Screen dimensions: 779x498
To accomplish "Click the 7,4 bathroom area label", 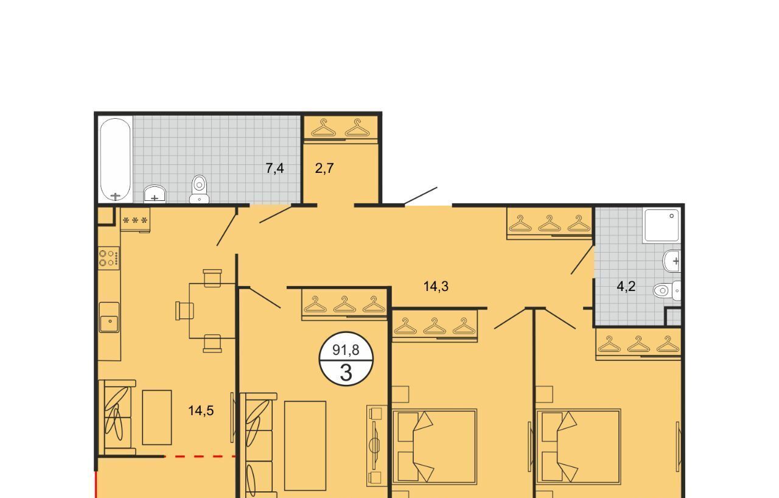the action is coord(274,169).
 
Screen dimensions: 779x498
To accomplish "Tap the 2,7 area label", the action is coord(324,169).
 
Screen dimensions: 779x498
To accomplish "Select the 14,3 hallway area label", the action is coord(436,287).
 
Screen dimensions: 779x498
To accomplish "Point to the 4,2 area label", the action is coord(626,287).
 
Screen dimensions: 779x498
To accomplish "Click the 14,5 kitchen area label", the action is coord(201,411).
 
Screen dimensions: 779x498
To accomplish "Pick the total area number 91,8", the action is coord(346,350).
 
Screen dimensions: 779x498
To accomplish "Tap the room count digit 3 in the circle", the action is coord(346,373).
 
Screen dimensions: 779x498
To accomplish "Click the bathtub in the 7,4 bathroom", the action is coord(116,160).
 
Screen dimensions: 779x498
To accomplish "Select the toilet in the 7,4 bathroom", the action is coord(199,189).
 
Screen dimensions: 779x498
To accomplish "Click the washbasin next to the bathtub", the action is coord(155,194).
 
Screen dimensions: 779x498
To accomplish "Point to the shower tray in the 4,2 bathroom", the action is coord(661,225).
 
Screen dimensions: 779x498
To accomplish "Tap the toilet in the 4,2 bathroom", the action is coord(666,290).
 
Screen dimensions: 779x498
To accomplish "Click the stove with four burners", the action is coord(109,258).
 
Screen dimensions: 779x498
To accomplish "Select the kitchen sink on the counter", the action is coord(109,318).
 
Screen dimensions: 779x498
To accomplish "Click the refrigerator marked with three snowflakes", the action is coord(135,220).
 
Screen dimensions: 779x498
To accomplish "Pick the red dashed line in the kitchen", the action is coord(200,456).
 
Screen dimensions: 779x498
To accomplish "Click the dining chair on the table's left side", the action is coord(184,310).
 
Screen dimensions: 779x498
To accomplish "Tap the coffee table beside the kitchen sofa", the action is coord(157,417).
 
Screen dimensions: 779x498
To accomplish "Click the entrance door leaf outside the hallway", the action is coord(421,196).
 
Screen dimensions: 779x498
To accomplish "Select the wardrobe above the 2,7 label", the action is coord(340,128).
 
